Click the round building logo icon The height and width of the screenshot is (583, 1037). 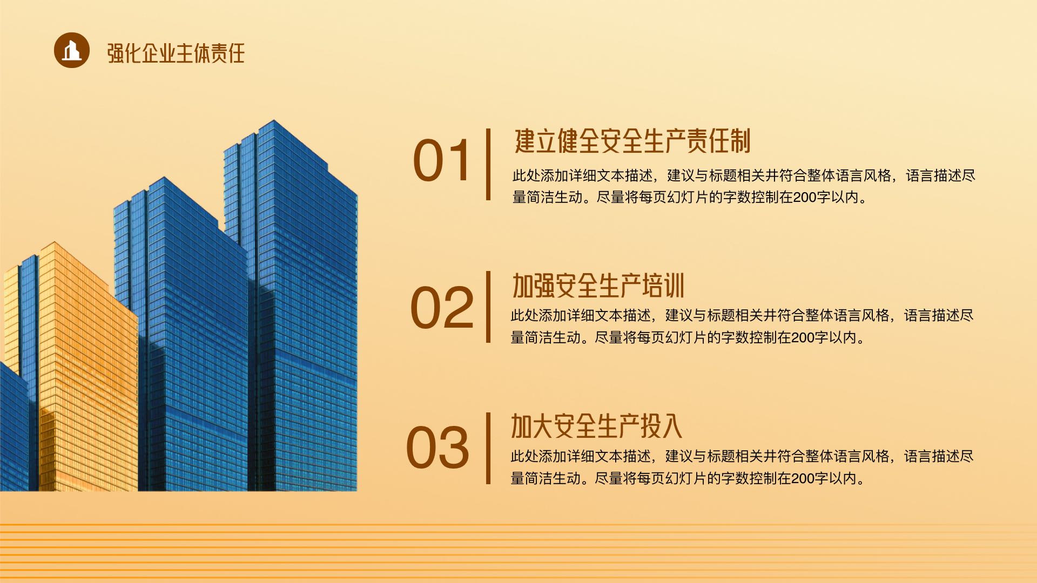[x=72, y=50]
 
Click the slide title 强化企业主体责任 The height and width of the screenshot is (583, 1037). [x=176, y=53]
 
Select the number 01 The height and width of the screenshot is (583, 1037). [x=441, y=160]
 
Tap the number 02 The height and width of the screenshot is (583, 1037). [x=442, y=308]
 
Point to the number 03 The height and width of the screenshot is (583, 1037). [x=438, y=448]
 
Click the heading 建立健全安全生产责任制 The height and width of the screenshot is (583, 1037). [x=632, y=141]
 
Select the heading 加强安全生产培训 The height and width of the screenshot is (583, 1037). [x=598, y=286]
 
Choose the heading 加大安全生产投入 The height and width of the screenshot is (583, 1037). [x=597, y=426]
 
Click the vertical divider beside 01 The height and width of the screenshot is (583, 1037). [x=488, y=164]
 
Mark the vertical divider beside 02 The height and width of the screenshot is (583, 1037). [x=488, y=307]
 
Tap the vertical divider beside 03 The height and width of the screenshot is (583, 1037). [x=488, y=448]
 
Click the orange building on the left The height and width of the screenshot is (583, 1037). [x=81, y=367]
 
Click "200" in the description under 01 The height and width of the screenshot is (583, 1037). [x=805, y=198]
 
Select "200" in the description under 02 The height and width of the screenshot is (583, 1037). [x=803, y=338]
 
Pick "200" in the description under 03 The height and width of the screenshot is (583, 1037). [x=803, y=479]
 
